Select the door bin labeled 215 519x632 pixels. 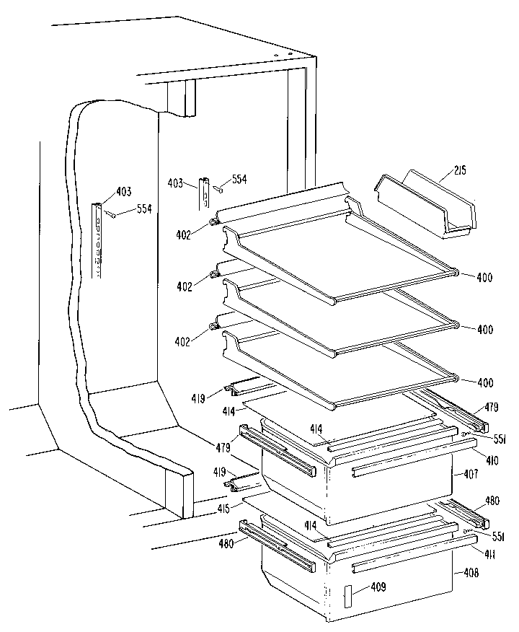pyautogui.click(x=425, y=206)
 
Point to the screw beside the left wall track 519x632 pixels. pyautogui.click(x=112, y=214)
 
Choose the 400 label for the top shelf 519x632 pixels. pyautogui.click(x=484, y=277)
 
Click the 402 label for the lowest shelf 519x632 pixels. pyautogui.click(x=183, y=341)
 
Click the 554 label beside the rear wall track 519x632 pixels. pyautogui.click(x=238, y=179)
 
